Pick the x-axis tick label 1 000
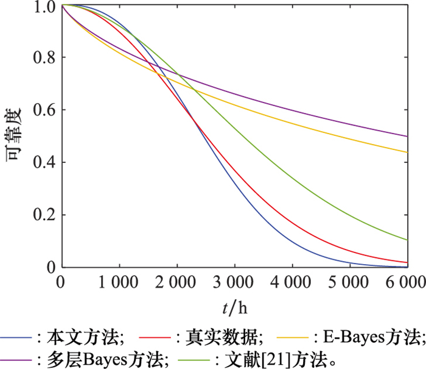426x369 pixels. click(119, 282)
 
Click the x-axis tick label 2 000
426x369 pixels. click(177, 282)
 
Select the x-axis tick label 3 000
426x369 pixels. click(234, 282)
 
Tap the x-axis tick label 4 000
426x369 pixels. click(292, 282)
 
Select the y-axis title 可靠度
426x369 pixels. click(14, 137)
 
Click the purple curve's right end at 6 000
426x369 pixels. click(407, 136)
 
